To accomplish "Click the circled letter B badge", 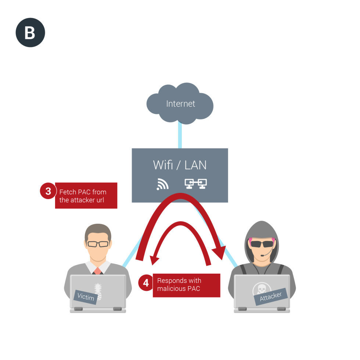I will tap(30, 32).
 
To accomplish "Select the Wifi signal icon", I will tap(162, 184).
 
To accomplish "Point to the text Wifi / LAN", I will tap(180, 165).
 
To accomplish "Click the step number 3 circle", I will tap(48, 191).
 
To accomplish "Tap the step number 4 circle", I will tap(146, 283).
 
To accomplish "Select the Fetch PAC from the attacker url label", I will tap(86, 196).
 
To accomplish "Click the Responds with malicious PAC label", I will tap(186, 285).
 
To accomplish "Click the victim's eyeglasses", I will tap(98, 244).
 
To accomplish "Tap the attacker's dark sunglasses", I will tap(262, 244).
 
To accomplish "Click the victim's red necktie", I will tap(97, 271).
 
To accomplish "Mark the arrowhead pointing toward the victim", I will tap(155, 259).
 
